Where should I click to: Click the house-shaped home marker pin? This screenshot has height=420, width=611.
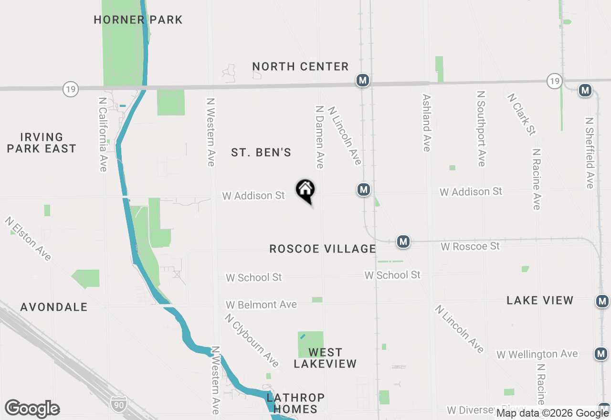(305, 190)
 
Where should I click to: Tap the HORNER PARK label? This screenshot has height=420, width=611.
(138, 20)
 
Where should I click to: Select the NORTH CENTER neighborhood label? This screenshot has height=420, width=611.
(300, 66)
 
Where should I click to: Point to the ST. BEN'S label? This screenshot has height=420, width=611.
(261, 152)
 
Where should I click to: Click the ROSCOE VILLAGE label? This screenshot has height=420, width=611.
(323, 249)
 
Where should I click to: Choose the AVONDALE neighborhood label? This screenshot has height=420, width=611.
(54, 307)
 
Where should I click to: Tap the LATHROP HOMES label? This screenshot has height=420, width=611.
(295, 403)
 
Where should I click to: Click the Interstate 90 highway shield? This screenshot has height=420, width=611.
(118, 404)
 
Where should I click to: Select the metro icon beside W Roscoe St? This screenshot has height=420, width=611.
(403, 241)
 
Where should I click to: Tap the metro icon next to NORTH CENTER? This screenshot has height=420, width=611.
(363, 80)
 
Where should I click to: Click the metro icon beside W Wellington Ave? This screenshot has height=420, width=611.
(601, 354)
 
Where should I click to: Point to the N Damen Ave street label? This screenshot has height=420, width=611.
(320, 136)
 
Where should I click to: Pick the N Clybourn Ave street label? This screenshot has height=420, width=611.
(252, 340)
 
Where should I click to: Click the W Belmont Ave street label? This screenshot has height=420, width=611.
(261, 304)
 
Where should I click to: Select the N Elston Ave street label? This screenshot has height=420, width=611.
(28, 239)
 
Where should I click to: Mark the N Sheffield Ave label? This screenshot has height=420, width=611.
(590, 153)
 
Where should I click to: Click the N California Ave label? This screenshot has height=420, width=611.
(103, 135)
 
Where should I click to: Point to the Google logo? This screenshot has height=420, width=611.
(32, 409)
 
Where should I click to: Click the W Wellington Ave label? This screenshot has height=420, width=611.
(537, 355)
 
